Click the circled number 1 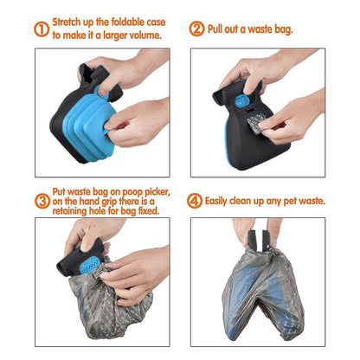pos(41,29)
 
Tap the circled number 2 pos(196,29)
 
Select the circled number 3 pos(41,201)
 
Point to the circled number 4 pos(196,201)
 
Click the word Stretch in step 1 pos(69,22)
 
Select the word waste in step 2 pos(262,29)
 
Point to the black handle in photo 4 pos(256,232)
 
